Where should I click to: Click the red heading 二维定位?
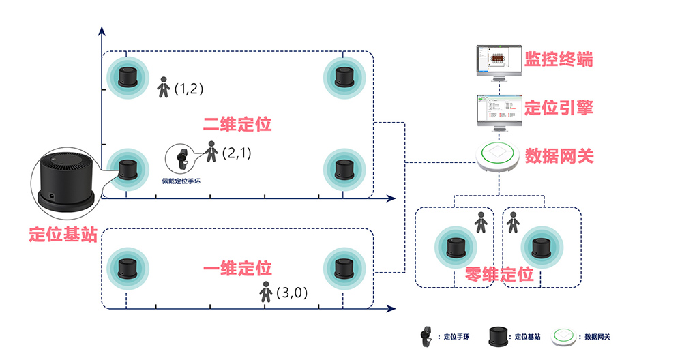(x=237, y=124)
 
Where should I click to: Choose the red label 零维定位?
(x=499, y=275)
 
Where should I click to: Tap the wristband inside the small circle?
(x=181, y=159)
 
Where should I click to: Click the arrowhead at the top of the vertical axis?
(x=102, y=31)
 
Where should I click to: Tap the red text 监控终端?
(x=559, y=60)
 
